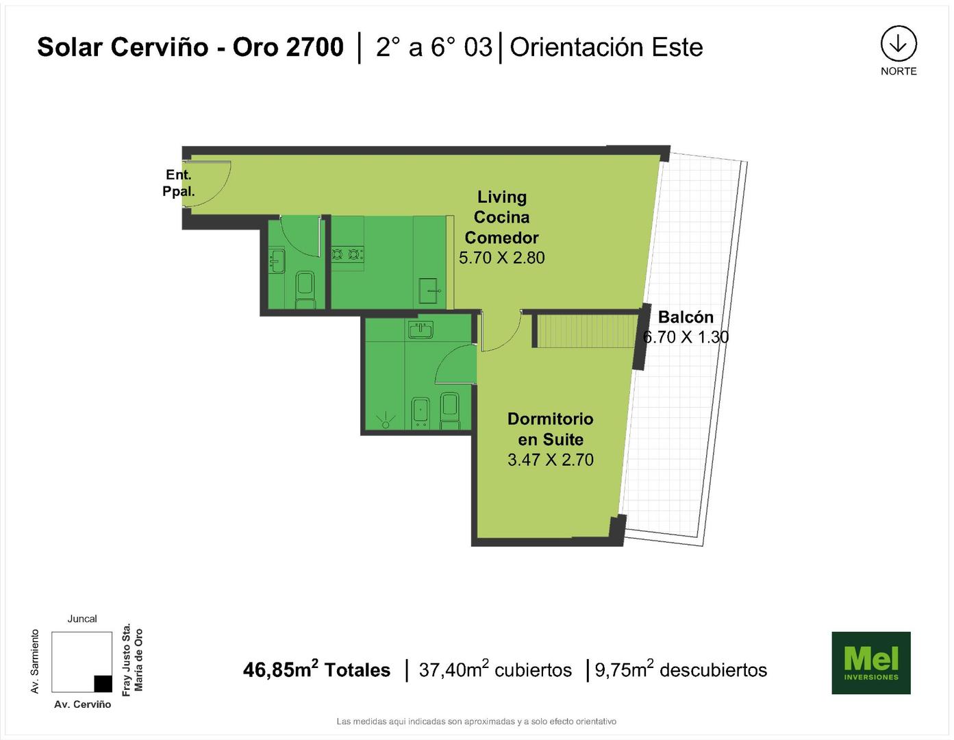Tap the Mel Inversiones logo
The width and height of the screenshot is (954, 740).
tap(871, 663)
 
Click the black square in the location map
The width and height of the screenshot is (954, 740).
tap(103, 683)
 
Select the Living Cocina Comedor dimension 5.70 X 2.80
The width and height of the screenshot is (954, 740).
tap(502, 258)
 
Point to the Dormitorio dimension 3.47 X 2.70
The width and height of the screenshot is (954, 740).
tap(551, 460)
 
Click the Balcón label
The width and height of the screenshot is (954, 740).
tap(686, 317)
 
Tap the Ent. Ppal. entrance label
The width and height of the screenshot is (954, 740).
tap(178, 183)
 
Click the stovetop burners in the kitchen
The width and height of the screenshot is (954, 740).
tap(347, 254)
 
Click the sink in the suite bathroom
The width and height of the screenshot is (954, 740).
tap(420, 330)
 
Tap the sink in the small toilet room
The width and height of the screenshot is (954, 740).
tap(277, 261)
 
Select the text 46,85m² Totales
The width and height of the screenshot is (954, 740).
tap(316, 669)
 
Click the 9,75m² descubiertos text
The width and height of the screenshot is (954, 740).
tap(681, 669)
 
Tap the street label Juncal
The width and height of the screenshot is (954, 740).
tap(82, 619)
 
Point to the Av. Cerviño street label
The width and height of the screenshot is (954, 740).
tap(83, 704)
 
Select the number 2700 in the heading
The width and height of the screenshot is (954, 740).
tap(314, 47)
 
